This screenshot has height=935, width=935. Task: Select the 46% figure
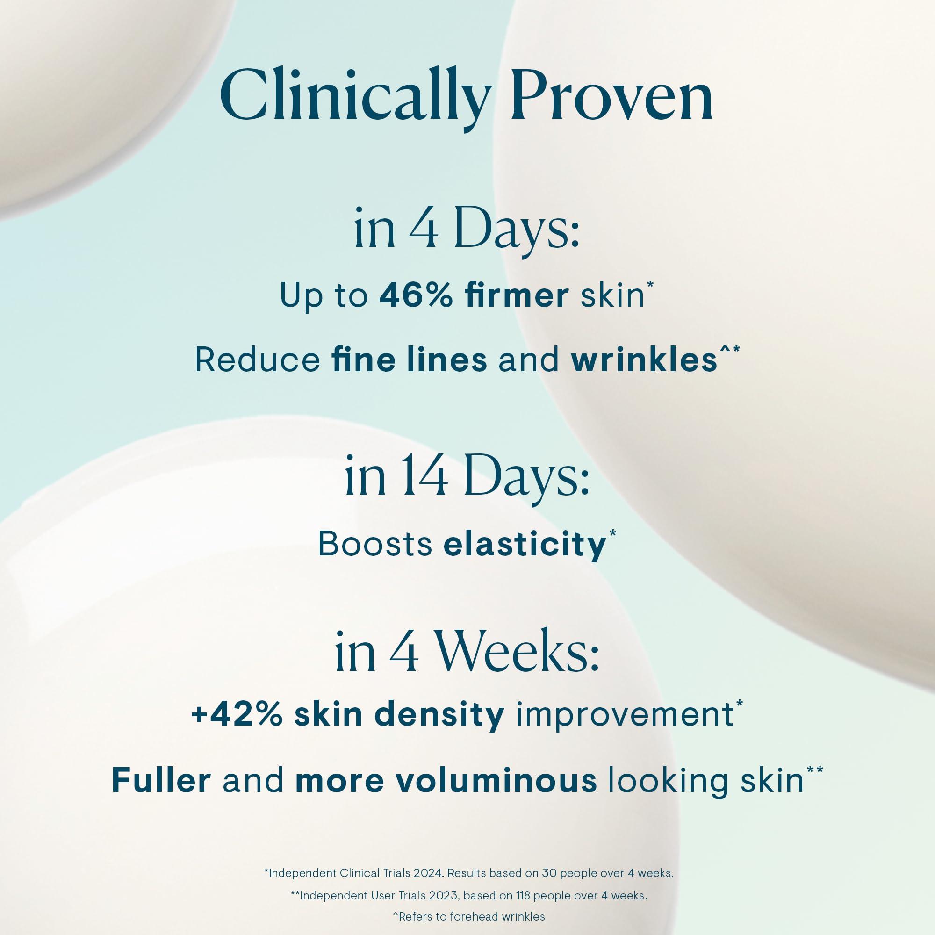click(416, 296)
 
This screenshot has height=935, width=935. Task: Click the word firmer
click(517, 296)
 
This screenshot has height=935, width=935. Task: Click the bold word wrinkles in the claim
click(644, 360)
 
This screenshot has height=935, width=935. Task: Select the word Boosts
click(375, 544)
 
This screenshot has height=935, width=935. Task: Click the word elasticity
click(525, 545)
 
